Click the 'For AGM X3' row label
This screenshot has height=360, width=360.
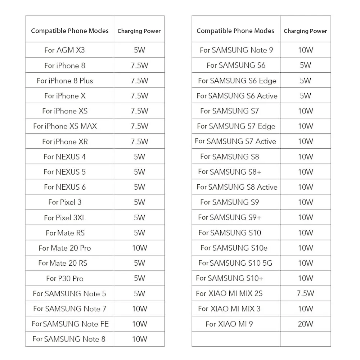click(x=64, y=50)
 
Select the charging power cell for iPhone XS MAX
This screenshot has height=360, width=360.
click(x=139, y=126)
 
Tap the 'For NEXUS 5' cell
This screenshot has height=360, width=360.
click(x=64, y=172)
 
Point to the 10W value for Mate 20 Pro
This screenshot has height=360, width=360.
click(x=139, y=248)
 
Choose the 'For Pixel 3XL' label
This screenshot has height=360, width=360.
click(x=65, y=218)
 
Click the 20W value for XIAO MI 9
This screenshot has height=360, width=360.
click(x=305, y=324)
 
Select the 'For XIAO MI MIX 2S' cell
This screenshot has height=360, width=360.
click(x=229, y=293)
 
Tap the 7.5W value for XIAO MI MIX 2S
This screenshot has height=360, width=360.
click(x=305, y=293)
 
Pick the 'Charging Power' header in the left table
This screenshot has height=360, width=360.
click(x=139, y=31)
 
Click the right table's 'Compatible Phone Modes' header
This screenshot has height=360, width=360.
click(x=235, y=31)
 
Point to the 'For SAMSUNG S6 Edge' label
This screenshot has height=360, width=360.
click(x=237, y=81)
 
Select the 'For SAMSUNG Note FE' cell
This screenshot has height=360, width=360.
click(x=70, y=324)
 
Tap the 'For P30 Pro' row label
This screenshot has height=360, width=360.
click(x=65, y=278)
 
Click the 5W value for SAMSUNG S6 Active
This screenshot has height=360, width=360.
click(x=305, y=96)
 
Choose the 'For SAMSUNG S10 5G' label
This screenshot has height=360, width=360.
click(x=235, y=263)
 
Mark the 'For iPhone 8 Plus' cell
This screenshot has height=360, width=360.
click(x=65, y=81)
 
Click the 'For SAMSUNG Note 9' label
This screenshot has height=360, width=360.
click(x=237, y=50)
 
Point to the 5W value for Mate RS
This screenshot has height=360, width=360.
click(x=139, y=233)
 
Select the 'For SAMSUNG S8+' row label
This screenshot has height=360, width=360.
click(x=230, y=172)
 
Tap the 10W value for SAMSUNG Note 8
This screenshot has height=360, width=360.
click(x=139, y=339)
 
